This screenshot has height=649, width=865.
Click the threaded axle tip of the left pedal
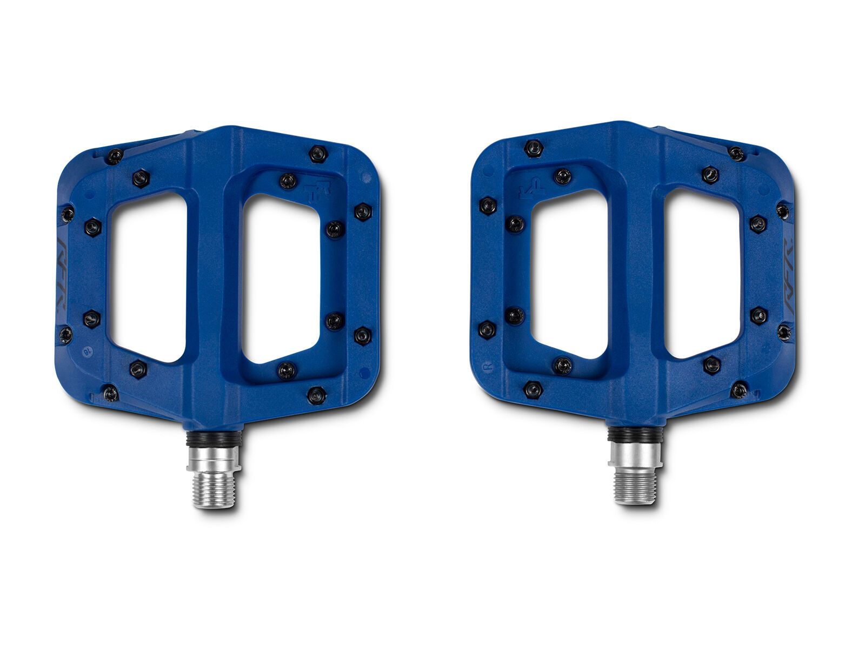(x=214, y=489)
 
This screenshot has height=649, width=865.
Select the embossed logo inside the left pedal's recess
(x=317, y=187)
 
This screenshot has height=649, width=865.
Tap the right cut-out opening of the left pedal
(x=281, y=278)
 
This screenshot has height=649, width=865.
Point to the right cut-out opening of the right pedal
(x=702, y=274)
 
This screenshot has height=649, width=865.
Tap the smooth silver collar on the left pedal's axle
(x=214, y=458)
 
